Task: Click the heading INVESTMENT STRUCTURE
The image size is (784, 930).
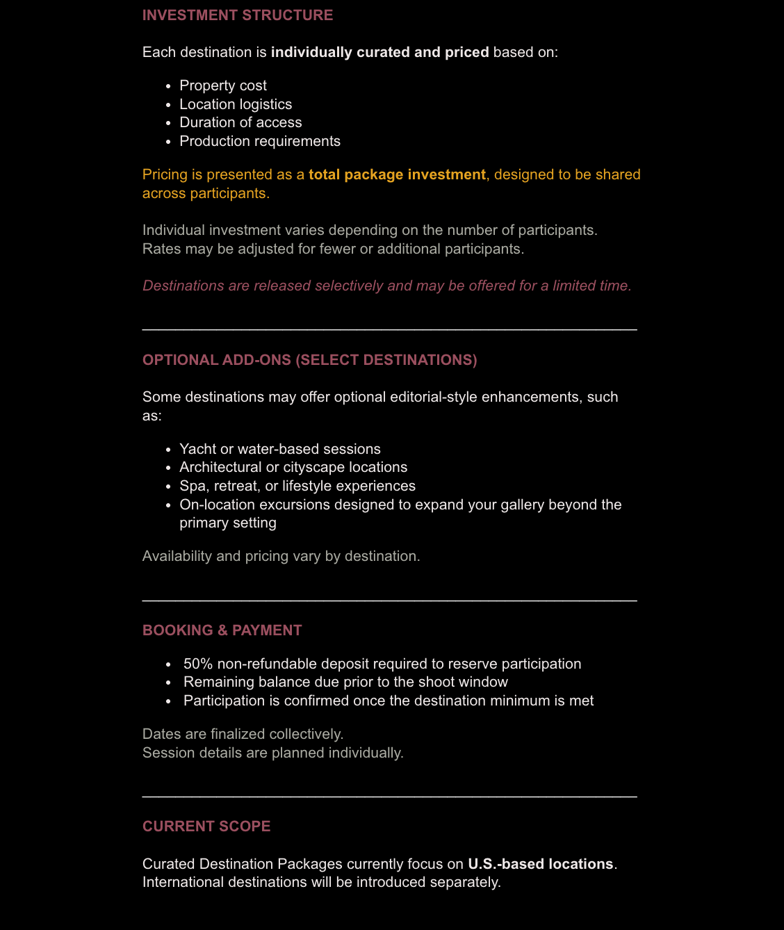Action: (x=238, y=15)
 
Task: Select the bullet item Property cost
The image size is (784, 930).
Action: (x=223, y=85)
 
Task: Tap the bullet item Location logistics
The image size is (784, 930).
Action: (x=236, y=104)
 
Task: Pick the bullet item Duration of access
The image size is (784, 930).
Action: (x=240, y=122)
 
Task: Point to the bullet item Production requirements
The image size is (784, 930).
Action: (x=260, y=141)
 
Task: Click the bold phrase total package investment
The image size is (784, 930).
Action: (x=397, y=174)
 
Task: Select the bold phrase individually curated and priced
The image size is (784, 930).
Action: (x=379, y=52)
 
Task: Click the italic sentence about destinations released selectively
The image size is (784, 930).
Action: (x=386, y=286)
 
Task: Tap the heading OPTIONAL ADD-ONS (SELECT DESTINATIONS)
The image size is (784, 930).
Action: (x=309, y=360)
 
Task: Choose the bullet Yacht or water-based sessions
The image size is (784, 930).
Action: (x=280, y=449)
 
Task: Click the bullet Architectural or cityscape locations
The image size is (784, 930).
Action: (x=293, y=467)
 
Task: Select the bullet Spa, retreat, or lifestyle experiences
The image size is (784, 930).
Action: (x=297, y=486)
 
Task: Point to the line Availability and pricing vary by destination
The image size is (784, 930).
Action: (x=281, y=556)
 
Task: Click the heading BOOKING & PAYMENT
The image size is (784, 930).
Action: (x=222, y=630)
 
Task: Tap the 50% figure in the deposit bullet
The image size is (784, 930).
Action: (x=198, y=664)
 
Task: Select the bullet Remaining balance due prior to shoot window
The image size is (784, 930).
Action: (x=345, y=682)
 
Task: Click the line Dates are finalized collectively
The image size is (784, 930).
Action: (x=243, y=734)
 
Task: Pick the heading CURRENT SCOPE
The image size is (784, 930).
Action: (x=206, y=826)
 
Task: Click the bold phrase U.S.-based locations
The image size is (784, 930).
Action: (x=540, y=864)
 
